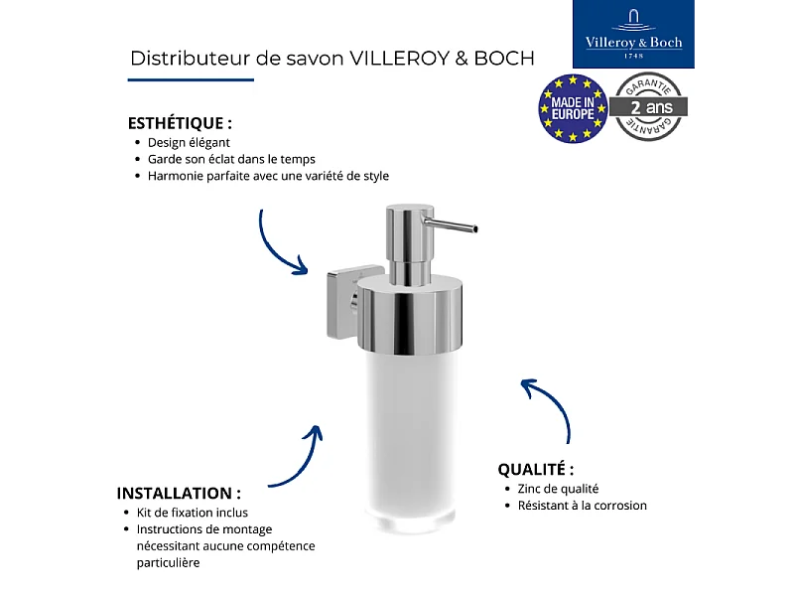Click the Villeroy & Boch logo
pos(634,34)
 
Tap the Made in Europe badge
pos(573,107)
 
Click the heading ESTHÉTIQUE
pos(180,124)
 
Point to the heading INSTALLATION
pos(179,493)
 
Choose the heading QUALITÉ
pos(536,469)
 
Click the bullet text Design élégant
pos(189,142)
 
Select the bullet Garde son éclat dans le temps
pos(231,159)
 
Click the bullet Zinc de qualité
pos(558,489)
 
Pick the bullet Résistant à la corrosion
pos(582,506)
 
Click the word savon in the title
pos(315,58)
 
